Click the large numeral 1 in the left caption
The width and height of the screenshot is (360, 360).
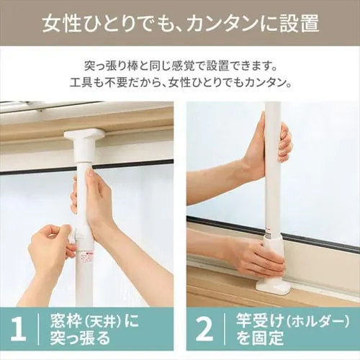tap(19, 329)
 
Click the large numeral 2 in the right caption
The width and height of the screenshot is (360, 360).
tap(204, 329)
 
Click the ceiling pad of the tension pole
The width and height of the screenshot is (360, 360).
tap(84, 135)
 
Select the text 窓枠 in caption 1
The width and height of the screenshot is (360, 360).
tap(63, 321)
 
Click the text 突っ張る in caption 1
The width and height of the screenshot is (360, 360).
tap(80, 338)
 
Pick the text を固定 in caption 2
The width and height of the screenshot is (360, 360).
tap(260, 338)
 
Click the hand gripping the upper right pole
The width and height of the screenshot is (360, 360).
tap(285, 142)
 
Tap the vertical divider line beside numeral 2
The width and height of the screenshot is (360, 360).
tap(225, 329)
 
